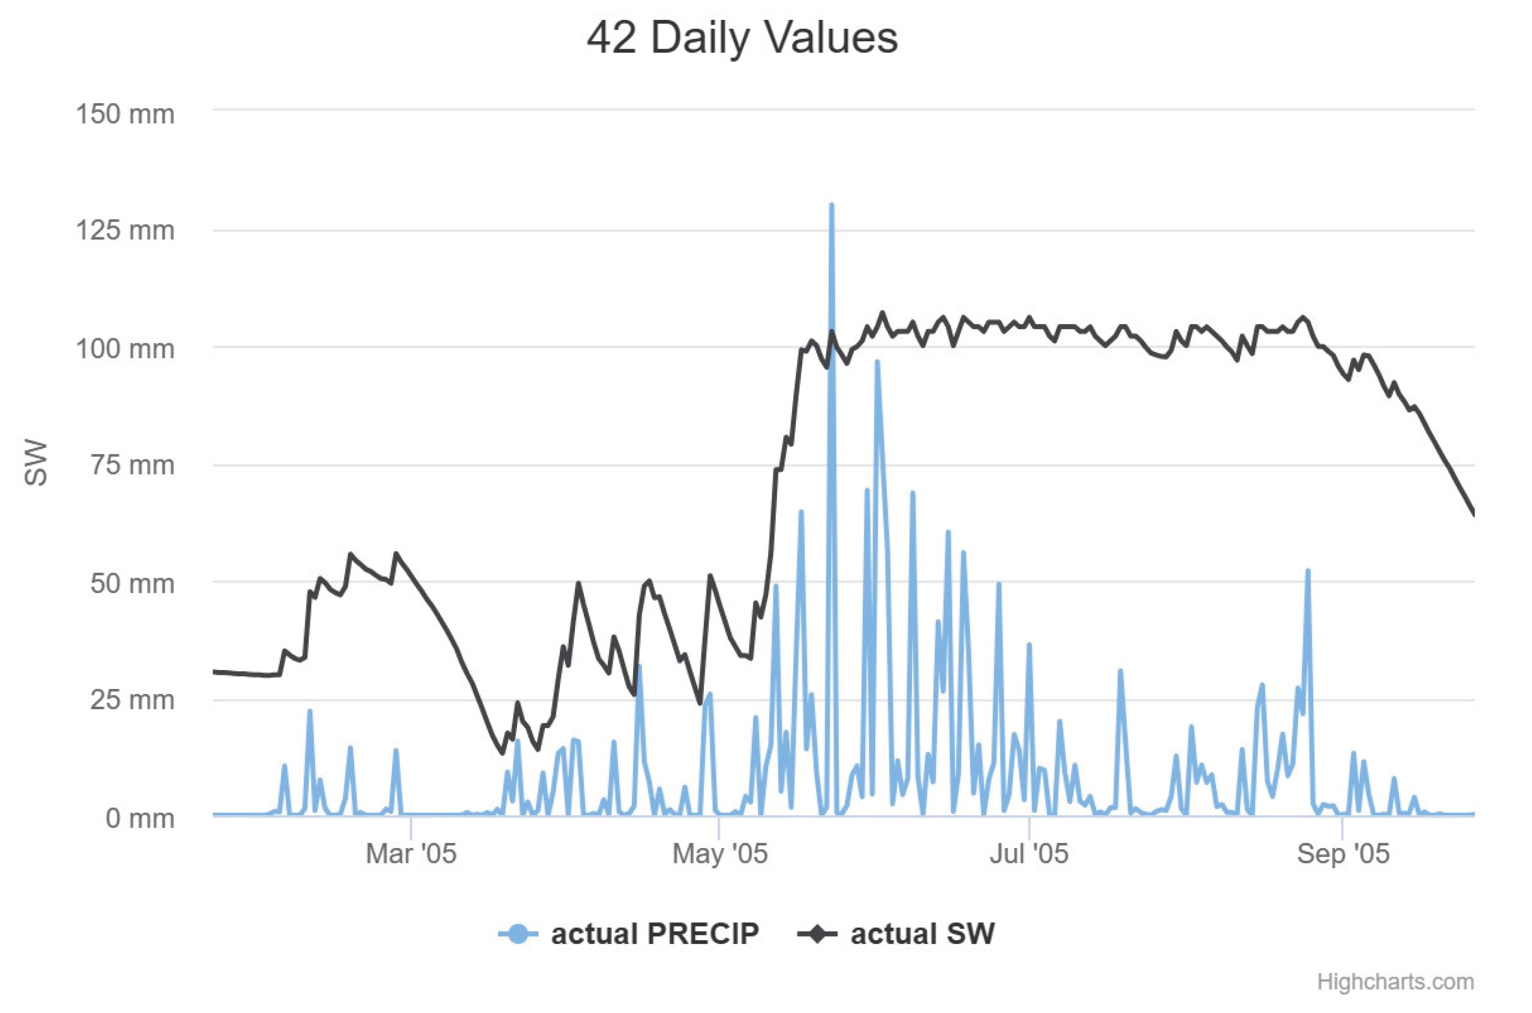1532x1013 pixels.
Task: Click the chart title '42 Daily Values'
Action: pyautogui.click(x=742, y=38)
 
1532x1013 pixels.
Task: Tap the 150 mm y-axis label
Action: pyautogui.click(x=125, y=114)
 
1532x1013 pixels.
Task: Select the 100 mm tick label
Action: pyautogui.click(x=125, y=349)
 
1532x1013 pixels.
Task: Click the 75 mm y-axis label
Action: pyautogui.click(x=132, y=465)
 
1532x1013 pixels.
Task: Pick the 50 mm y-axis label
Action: pyautogui.click(x=132, y=583)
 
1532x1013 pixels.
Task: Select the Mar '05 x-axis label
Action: pyautogui.click(x=411, y=854)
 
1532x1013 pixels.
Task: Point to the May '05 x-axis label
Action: pyautogui.click(x=719, y=854)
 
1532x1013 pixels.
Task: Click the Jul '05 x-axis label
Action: pyautogui.click(x=1029, y=854)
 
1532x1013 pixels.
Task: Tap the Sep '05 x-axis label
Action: pyautogui.click(x=1343, y=854)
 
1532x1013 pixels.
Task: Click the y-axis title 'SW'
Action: pyautogui.click(x=36, y=463)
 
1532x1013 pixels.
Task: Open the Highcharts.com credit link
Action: pyautogui.click(x=1395, y=982)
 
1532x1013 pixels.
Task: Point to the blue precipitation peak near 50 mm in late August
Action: pyautogui.click(x=1308, y=572)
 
